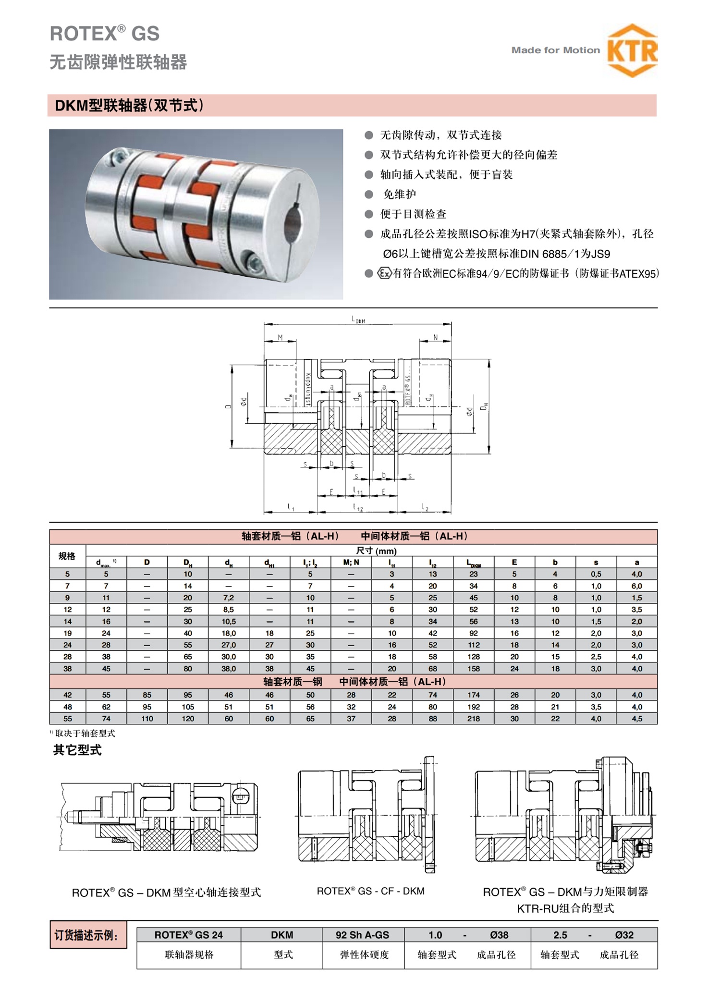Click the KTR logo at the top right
(x=632, y=50)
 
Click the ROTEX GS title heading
(x=105, y=34)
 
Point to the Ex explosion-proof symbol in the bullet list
(x=385, y=273)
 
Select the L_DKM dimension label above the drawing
(x=358, y=319)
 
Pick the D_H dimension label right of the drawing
(x=485, y=406)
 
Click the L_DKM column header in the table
(x=474, y=562)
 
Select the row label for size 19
(x=68, y=633)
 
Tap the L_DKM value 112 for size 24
(x=474, y=645)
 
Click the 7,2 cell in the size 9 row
(x=229, y=598)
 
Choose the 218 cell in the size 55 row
(x=474, y=719)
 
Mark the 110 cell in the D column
(x=147, y=719)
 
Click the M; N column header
(x=351, y=562)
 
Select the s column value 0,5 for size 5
(x=596, y=574)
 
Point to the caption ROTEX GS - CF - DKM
(x=370, y=891)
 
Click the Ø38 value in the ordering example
(x=499, y=935)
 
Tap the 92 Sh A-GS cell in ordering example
(x=363, y=935)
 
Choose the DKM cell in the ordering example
(x=282, y=935)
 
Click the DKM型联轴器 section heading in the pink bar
(x=129, y=106)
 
